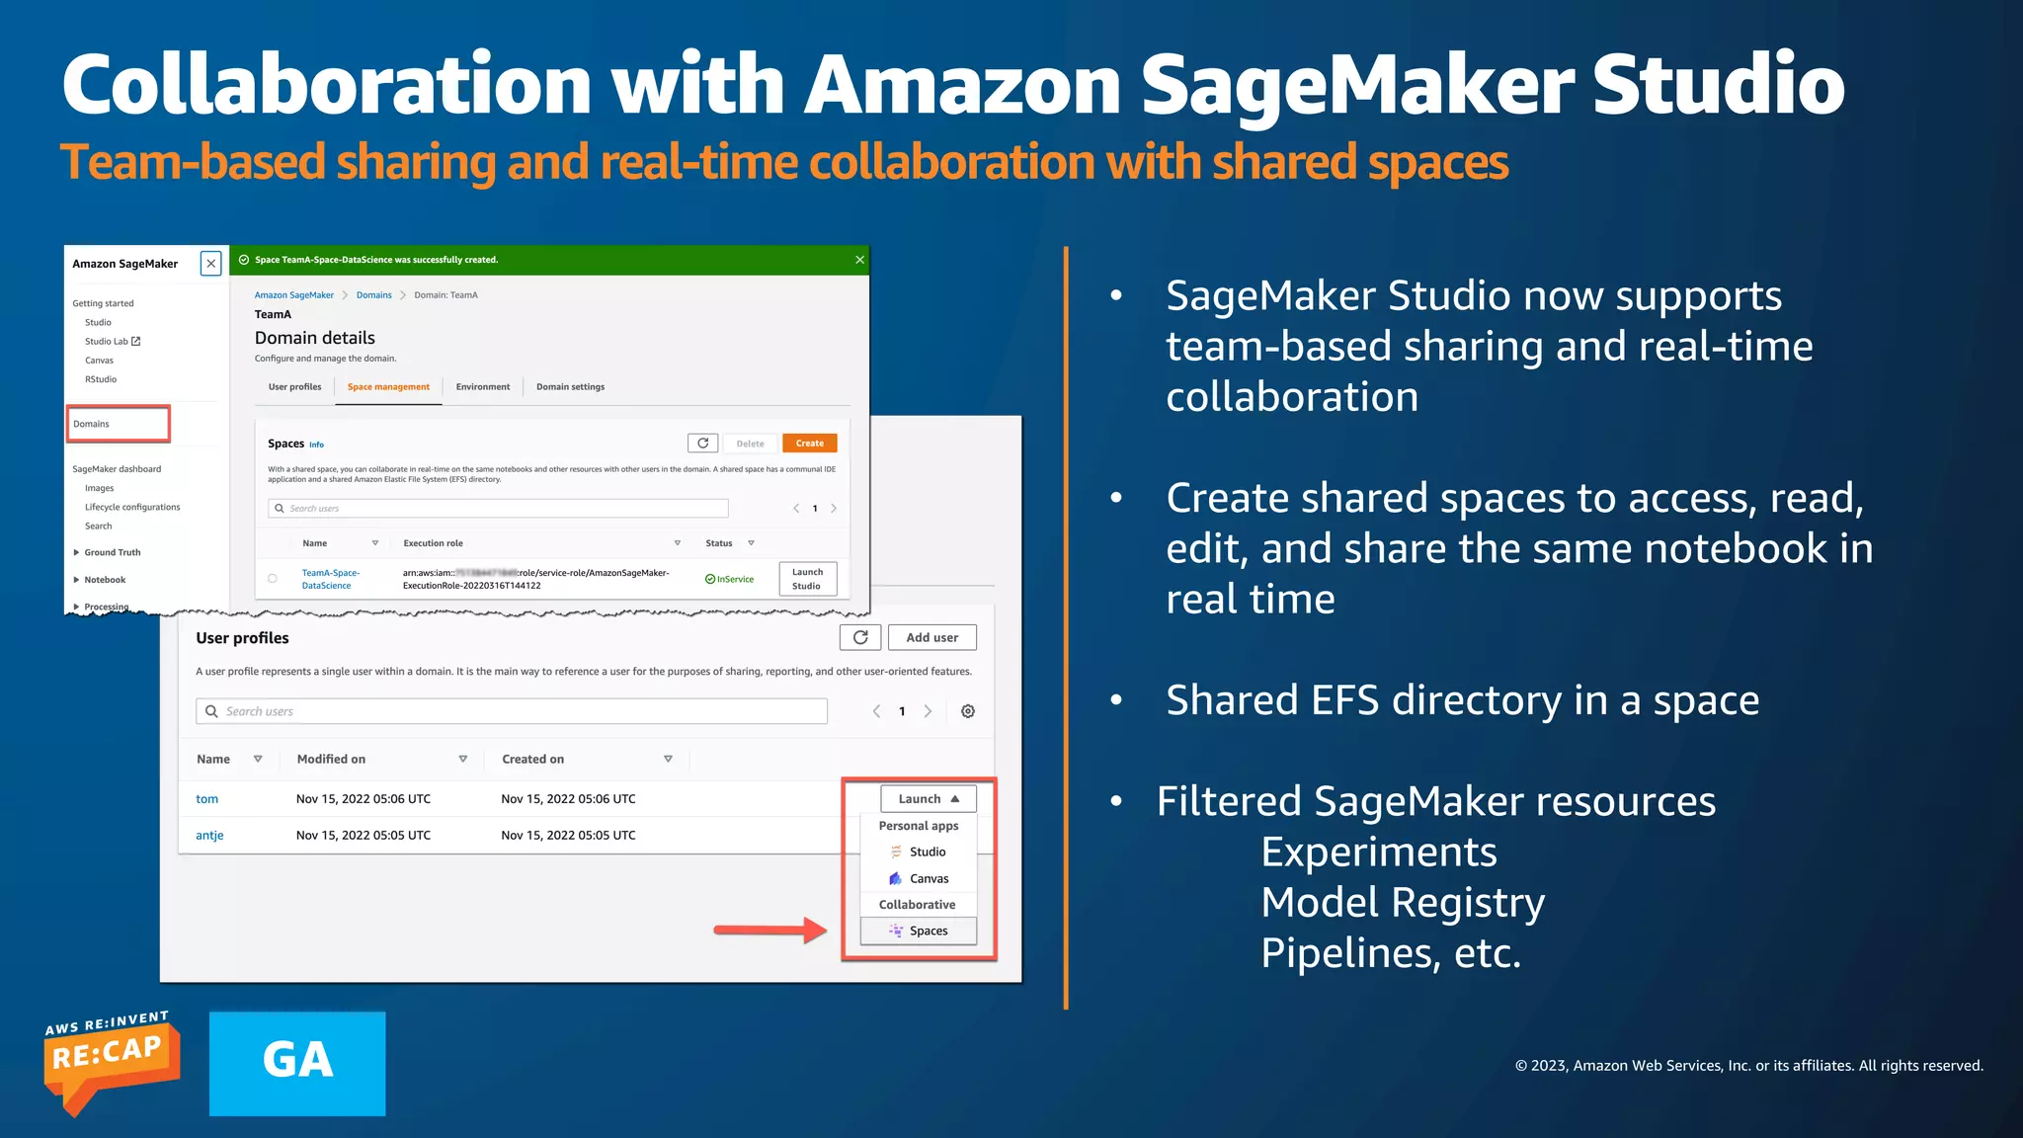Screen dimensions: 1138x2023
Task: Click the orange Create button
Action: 809,444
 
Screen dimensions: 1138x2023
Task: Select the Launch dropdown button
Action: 929,799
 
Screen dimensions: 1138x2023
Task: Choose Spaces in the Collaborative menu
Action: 919,931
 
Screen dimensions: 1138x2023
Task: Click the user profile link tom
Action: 206,799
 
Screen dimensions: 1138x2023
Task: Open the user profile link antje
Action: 209,836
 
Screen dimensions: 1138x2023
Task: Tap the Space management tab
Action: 388,387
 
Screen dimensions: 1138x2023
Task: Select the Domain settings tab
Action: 570,387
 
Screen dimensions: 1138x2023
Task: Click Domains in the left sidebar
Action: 92,424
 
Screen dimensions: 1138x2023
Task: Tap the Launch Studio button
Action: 807,579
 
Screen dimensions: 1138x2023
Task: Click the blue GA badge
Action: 297,1063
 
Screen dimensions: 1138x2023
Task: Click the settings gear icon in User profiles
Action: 968,711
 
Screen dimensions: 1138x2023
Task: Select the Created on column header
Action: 533,760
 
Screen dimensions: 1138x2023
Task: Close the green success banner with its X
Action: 859,260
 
